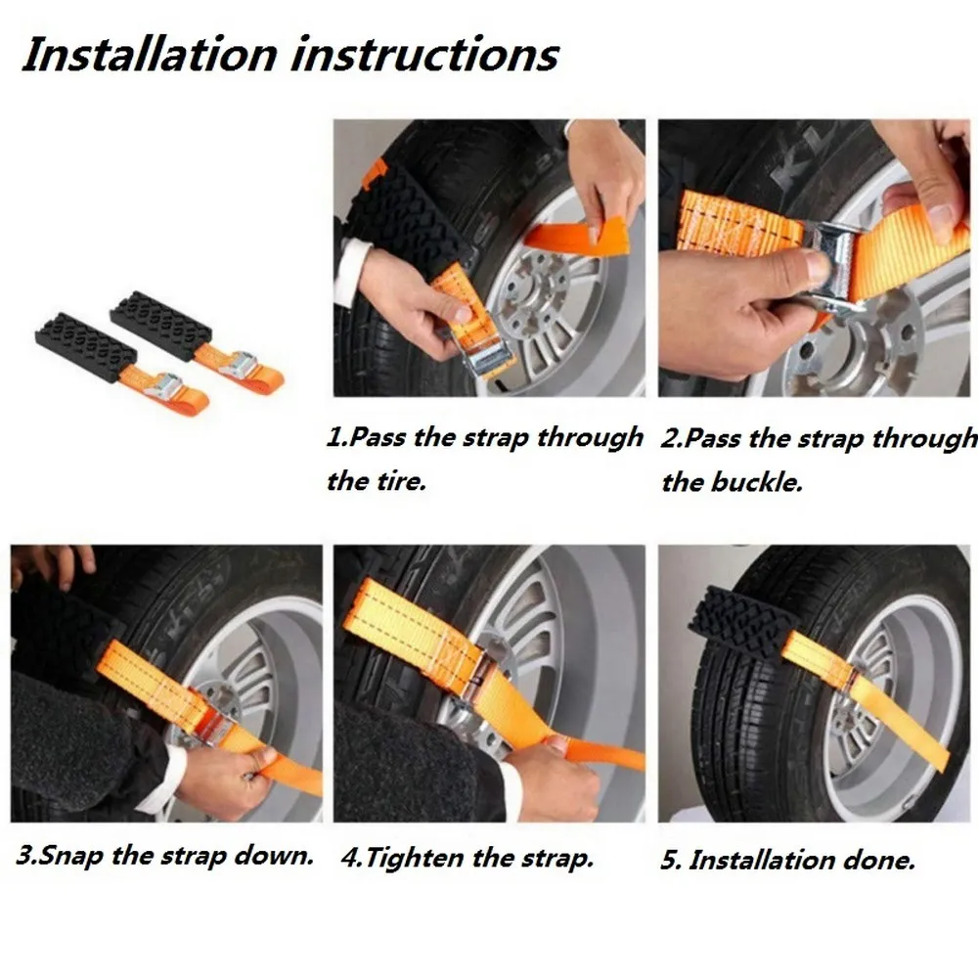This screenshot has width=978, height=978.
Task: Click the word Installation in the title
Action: [150, 54]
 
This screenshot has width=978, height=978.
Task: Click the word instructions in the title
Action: [424, 54]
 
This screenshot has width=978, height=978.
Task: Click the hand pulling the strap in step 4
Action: [549, 778]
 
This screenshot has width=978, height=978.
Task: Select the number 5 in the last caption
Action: [670, 861]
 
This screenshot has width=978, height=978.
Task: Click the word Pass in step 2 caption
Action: [712, 438]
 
